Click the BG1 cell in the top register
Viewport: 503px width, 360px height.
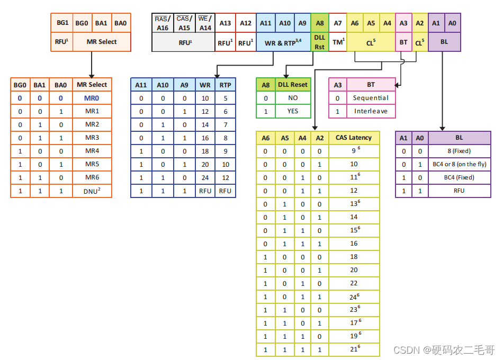click(62, 23)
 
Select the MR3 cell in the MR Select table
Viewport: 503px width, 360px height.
click(92, 138)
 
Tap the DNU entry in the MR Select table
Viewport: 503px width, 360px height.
click(92, 191)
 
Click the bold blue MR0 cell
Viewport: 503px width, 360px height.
click(92, 98)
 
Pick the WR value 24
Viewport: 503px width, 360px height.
click(205, 177)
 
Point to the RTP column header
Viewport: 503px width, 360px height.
click(225, 85)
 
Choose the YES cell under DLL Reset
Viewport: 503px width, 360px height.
click(293, 111)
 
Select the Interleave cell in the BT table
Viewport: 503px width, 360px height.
click(371, 111)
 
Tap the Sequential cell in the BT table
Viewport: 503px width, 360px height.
click(371, 98)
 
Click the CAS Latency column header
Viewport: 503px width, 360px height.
click(354, 138)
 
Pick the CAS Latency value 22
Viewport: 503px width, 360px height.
click(354, 283)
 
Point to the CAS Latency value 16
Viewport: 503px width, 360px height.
click(354, 244)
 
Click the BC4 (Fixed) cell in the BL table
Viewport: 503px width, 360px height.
click(459, 177)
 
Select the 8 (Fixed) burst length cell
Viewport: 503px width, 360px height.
click(459, 151)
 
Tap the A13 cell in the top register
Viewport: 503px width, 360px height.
click(226, 23)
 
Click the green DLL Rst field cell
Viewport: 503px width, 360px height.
click(319, 42)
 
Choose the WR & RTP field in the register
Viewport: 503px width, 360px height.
click(283, 42)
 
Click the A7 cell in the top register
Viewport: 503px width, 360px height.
click(338, 23)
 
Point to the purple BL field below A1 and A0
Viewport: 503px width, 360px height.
click(444, 42)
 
